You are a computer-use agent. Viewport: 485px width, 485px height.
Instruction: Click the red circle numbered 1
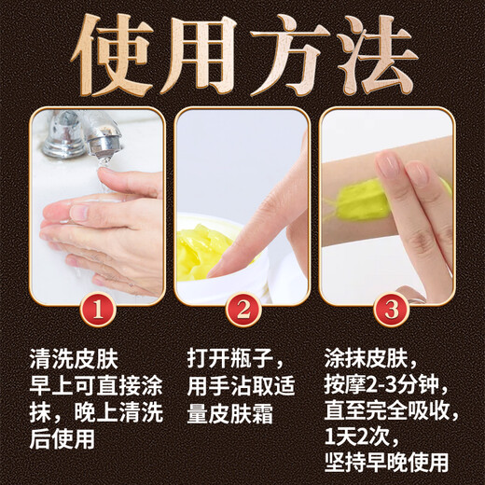coord(99,307)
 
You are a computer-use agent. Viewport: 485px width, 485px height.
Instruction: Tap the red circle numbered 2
coord(243,307)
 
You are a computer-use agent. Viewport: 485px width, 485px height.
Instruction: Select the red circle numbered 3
coord(387,307)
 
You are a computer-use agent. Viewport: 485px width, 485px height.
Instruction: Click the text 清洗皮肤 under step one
coord(74,359)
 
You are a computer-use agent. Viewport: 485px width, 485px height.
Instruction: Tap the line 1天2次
coord(365,436)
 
